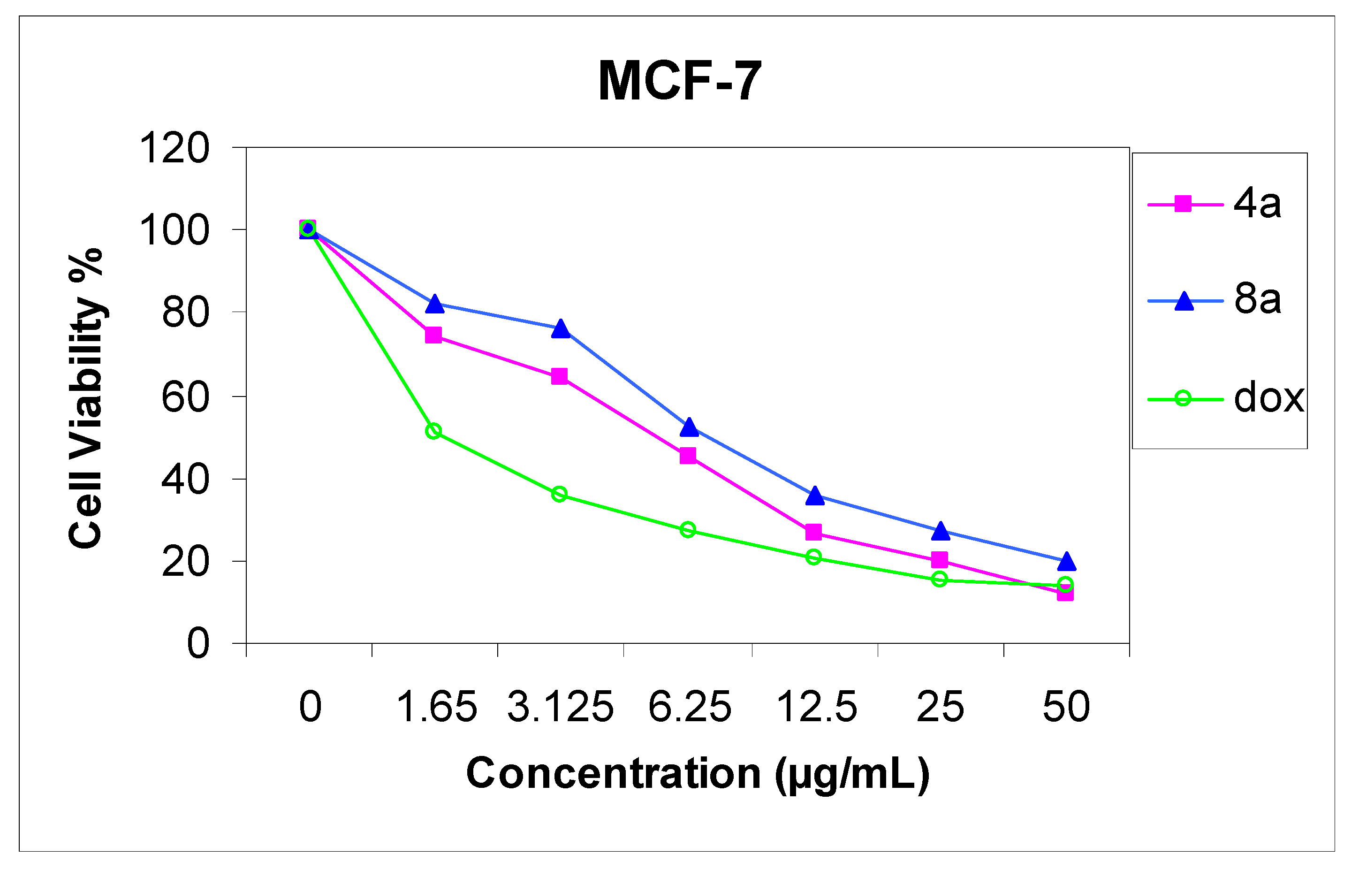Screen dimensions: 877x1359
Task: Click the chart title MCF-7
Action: (x=679, y=82)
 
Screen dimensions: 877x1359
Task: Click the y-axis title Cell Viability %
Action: (x=85, y=399)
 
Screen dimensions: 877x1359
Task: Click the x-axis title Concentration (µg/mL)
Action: (x=698, y=774)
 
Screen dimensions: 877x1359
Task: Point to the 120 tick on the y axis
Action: (x=174, y=148)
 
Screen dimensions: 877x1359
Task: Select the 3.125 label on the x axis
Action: (x=560, y=707)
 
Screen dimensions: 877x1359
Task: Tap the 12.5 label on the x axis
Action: (x=816, y=707)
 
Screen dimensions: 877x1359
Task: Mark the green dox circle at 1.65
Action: (x=433, y=431)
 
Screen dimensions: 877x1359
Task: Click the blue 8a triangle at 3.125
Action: (x=560, y=329)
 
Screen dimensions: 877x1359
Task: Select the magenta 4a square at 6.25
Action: (x=688, y=456)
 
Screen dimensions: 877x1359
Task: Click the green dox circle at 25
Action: (x=940, y=580)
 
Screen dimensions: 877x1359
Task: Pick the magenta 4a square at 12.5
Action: (x=813, y=533)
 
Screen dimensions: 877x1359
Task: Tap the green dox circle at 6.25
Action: (x=688, y=530)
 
